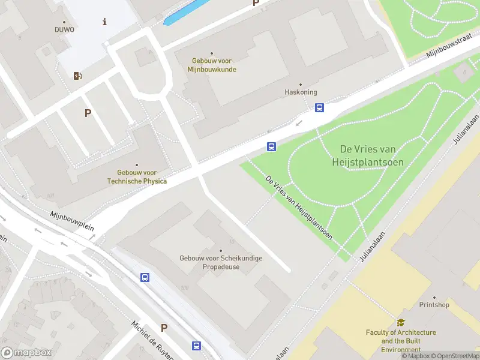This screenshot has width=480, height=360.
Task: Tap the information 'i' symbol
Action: coord(105,22)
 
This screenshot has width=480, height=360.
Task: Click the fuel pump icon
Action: coord(77,76)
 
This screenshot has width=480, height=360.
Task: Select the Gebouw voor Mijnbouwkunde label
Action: coord(212,65)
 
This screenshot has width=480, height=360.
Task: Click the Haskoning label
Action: coord(300,92)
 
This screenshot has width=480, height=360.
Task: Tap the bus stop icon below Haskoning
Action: coord(320,108)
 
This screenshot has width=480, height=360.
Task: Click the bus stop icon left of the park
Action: coord(272,146)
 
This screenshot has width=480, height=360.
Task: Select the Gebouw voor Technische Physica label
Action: coord(137,176)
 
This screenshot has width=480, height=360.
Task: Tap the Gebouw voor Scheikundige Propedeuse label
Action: coord(221,262)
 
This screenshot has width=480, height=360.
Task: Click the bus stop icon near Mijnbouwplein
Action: coord(145,277)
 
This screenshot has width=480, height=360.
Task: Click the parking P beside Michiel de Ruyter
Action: coord(164,328)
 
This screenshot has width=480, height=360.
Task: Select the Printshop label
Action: coord(434,305)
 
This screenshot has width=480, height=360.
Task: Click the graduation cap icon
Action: coord(401,322)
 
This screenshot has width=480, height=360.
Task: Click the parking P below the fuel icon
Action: coord(88,113)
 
